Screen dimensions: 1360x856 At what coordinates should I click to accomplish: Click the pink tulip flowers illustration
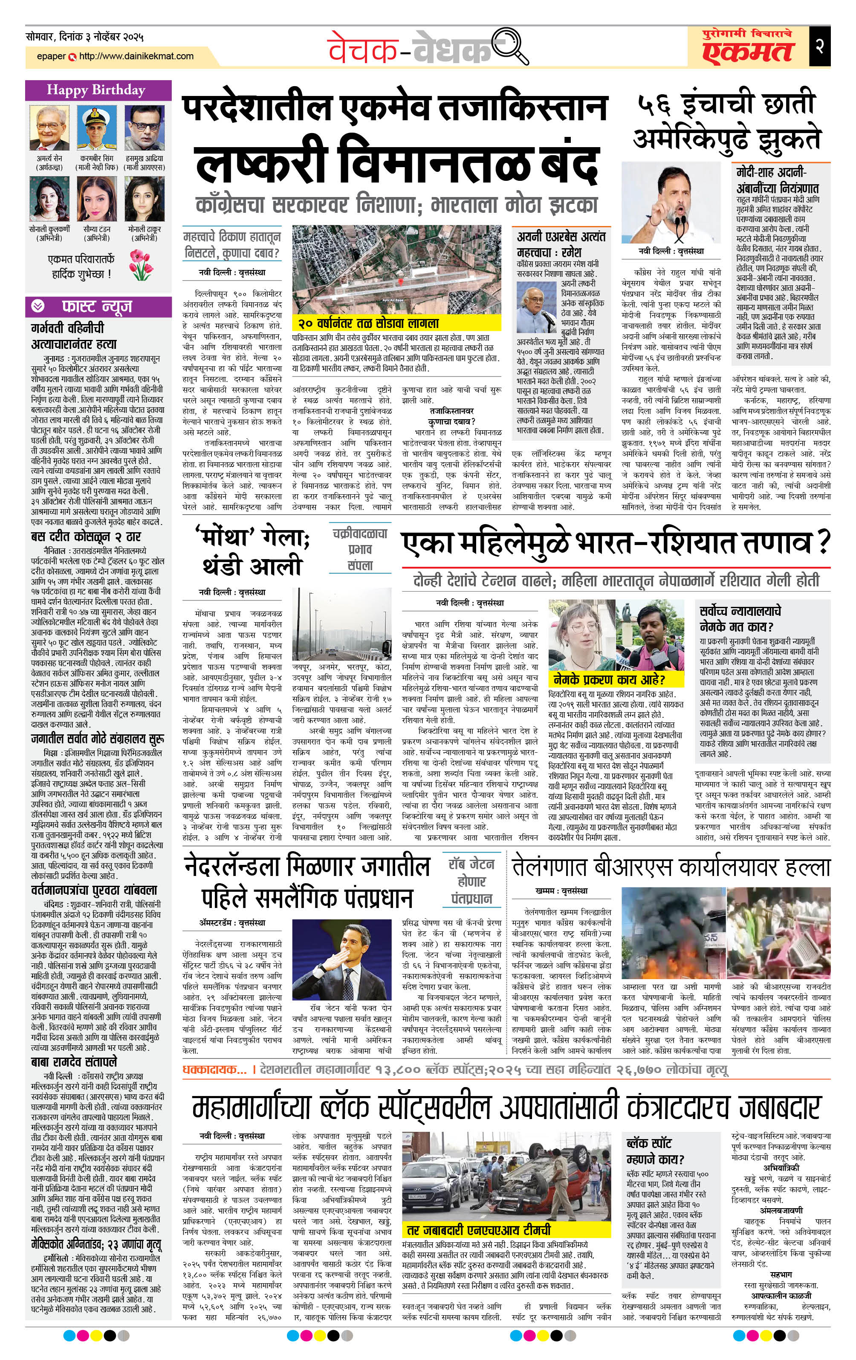point(141,264)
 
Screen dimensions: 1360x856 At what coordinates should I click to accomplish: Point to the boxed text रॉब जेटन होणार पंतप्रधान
point(471,881)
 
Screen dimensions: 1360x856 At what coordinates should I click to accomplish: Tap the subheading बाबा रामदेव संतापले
point(75,1062)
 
